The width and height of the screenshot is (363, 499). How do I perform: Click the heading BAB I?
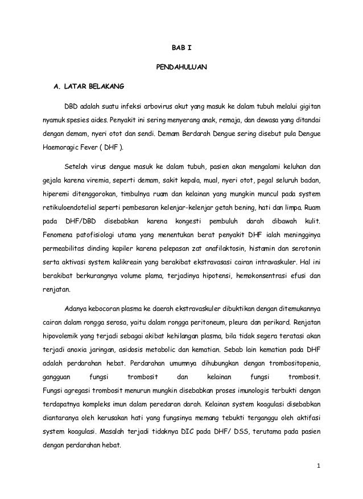[x=181, y=49]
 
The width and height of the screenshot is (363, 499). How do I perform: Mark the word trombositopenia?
[x=290, y=362]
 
